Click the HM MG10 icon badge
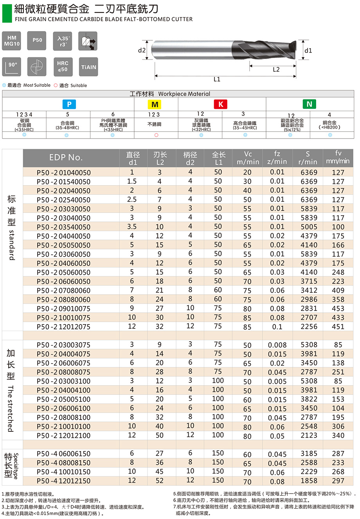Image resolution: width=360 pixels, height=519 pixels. point(12,41)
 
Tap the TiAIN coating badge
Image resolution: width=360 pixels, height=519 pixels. point(88,67)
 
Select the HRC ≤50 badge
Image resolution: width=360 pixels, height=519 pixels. point(63,67)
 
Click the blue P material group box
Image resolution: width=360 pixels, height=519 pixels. point(69,104)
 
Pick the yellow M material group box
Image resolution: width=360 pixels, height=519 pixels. point(155,104)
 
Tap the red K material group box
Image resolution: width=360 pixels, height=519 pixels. point(221,104)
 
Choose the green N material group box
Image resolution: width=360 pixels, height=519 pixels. point(309,104)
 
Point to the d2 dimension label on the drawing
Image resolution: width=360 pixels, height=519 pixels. point(142,50)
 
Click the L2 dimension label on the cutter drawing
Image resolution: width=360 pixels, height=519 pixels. point(276,70)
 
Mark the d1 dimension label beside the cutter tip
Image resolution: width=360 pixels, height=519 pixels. point(308,50)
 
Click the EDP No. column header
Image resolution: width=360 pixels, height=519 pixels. point(66,157)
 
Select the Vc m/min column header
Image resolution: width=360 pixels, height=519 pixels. point(248,158)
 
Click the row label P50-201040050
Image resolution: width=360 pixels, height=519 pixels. point(63,173)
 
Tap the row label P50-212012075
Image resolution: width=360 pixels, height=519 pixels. point(63,327)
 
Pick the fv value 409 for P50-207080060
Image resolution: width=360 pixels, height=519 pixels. point(338,290)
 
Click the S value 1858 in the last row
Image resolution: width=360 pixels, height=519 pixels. point(309,481)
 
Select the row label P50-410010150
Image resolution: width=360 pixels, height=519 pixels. point(63,472)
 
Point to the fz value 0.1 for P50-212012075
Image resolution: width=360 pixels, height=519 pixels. point(277,327)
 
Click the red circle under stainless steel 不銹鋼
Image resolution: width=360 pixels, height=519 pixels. point(156,135)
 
